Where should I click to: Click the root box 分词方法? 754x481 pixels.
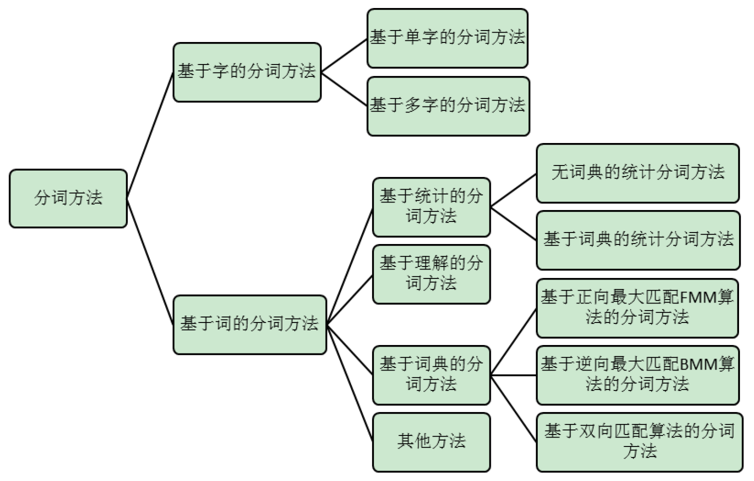(x=68, y=198)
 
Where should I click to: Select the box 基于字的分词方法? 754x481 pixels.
(x=247, y=72)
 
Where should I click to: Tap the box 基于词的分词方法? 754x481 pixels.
(x=249, y=324)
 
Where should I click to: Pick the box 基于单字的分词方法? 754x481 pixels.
(x=447, y=38)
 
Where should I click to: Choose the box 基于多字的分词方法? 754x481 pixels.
(x=448, y=106)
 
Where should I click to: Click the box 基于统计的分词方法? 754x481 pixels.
(x=431, y=206)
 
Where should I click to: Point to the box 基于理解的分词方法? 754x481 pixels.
(x=431, y=273)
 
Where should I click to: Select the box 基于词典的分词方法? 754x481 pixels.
(x=431, y=374)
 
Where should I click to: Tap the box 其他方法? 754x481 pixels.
(x=431, y=441)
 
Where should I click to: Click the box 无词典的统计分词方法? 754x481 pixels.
(x=637, y=173)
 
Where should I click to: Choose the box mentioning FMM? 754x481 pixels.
(x=637, y=307)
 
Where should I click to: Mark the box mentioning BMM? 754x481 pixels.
(x=637, y=374)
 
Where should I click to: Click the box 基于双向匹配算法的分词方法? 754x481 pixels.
(x=639, y=441)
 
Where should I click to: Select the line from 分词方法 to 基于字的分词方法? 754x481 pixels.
(x=150, y=135)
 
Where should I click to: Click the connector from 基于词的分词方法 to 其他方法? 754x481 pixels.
(x=350, y=382)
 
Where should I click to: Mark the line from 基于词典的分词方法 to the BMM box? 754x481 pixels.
(x=513, y=375)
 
